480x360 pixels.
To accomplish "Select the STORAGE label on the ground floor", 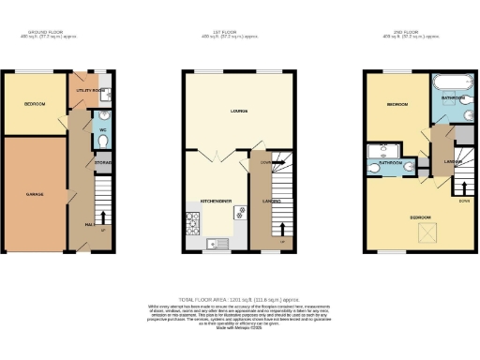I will pyautogui.click(x=103, y=163).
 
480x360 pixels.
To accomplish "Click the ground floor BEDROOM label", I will pyautogui.click(x=35, y=104).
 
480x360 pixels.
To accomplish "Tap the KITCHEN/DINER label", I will pyautogui.click(x=216, y=201).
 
